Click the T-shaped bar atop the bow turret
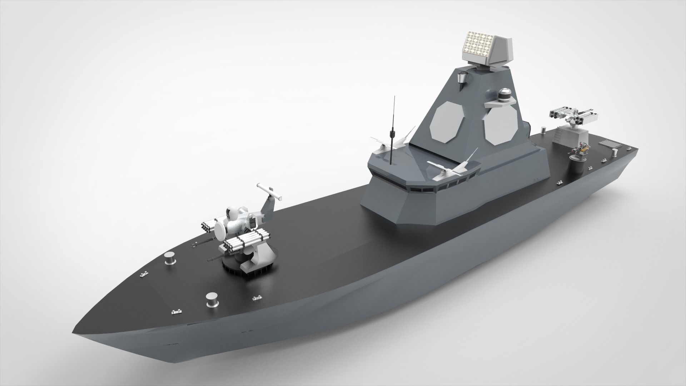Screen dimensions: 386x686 [x=269, y=192]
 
